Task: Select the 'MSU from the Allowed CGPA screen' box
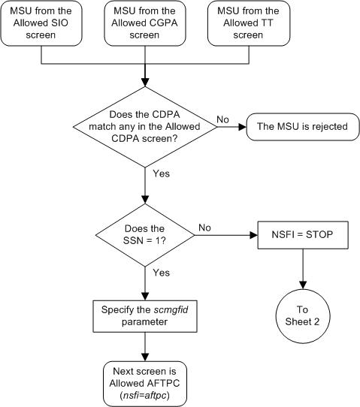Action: [x=144, y=23]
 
